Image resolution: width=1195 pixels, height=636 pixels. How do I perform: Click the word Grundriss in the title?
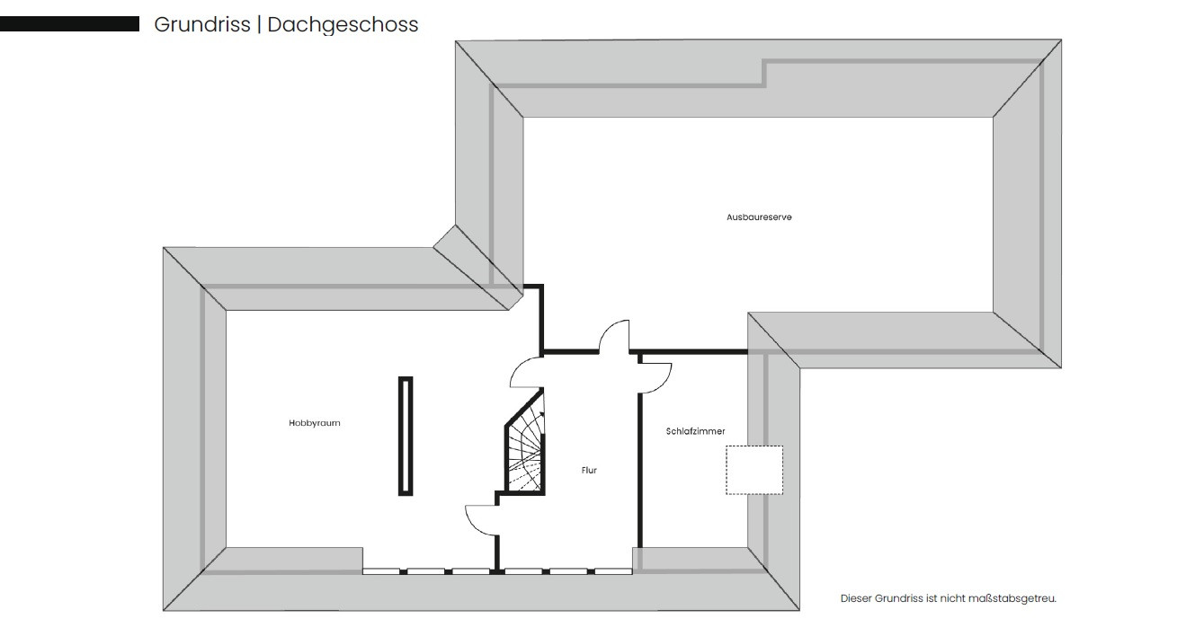tap(202, 25)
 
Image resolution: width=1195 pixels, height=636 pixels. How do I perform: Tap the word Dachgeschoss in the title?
tap(343, 25)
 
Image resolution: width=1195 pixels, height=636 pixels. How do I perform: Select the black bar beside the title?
tap(69, 24)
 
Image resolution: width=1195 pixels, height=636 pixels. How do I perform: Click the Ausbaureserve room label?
tap(759, 217)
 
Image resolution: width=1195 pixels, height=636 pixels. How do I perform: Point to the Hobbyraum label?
tap(314, 423)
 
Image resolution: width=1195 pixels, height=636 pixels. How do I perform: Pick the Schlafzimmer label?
tap(695, 431)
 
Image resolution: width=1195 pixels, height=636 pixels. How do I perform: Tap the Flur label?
tap(589, 470)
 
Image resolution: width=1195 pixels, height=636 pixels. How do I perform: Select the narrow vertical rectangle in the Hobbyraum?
tap(406, 436)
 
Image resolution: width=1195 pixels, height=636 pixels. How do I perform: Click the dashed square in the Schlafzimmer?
tap(754, 470)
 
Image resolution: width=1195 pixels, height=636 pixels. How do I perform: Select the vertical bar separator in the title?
tap(259, 25)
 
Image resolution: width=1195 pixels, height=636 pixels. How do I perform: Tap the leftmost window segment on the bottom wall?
tap(381, 571)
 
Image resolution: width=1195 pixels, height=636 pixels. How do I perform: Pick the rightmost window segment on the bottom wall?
tap(613, 571)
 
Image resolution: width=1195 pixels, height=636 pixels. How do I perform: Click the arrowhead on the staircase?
tap(542, 413)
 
